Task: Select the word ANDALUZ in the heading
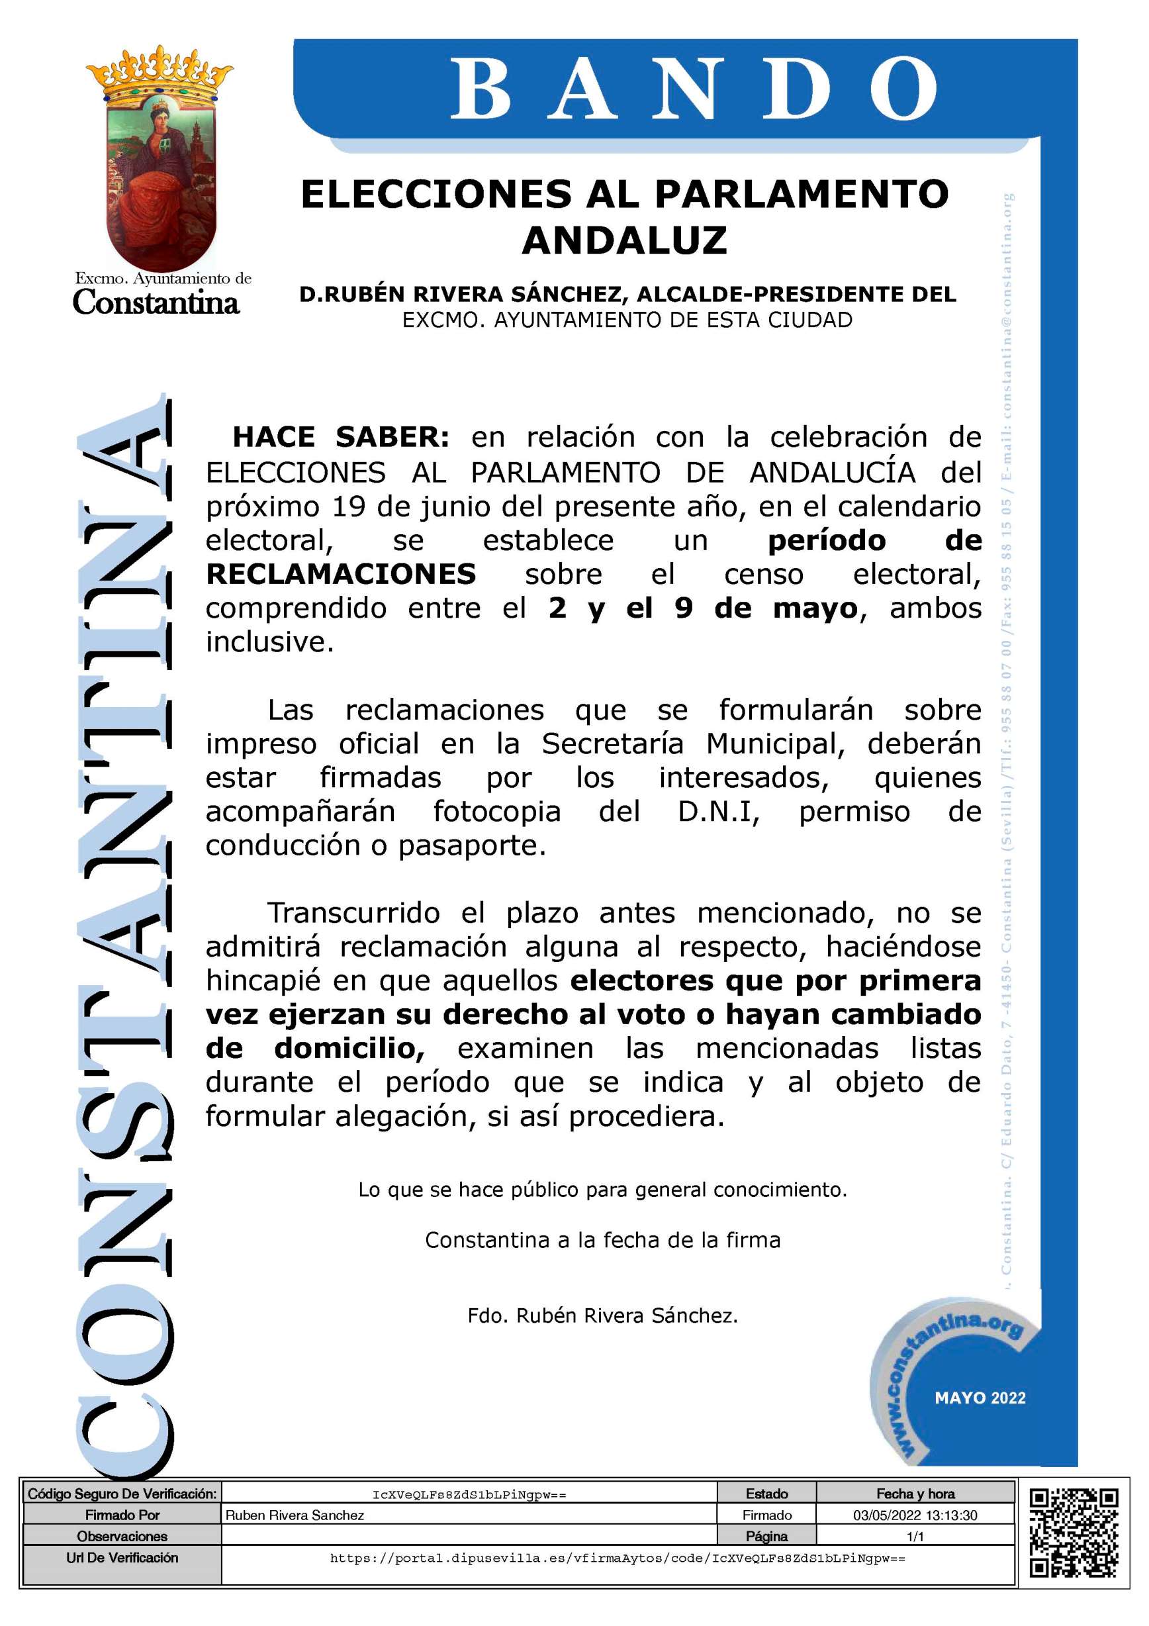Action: [x=624, y=240]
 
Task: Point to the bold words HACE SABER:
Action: [x=340, y=437]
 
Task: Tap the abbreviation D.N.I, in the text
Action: [x=718, y=812]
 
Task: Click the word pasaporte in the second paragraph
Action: [x=471, y=845]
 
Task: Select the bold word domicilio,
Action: [x=349, y=1048]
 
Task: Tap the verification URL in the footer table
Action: [x=618, y=1558]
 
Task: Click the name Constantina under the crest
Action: [x=156, y=303]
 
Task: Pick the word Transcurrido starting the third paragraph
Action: [x=353, y=913]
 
